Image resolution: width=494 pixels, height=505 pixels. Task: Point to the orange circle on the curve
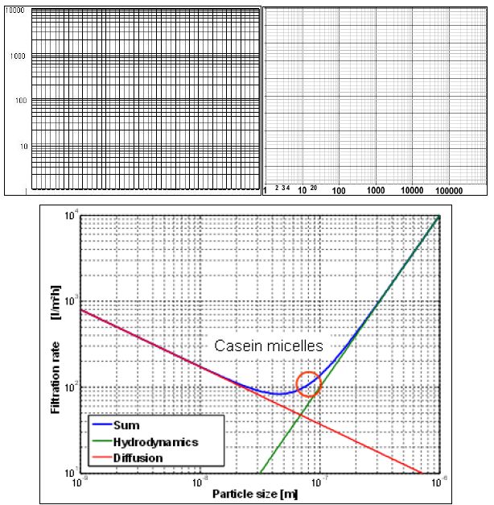point(309,385)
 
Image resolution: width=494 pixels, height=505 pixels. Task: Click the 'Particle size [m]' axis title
point(258,491)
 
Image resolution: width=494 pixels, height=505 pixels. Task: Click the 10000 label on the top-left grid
point(17,11)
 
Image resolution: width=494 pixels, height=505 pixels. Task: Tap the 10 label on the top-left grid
point(24,147)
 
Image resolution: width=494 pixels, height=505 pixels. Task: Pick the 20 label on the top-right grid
point(314,188)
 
